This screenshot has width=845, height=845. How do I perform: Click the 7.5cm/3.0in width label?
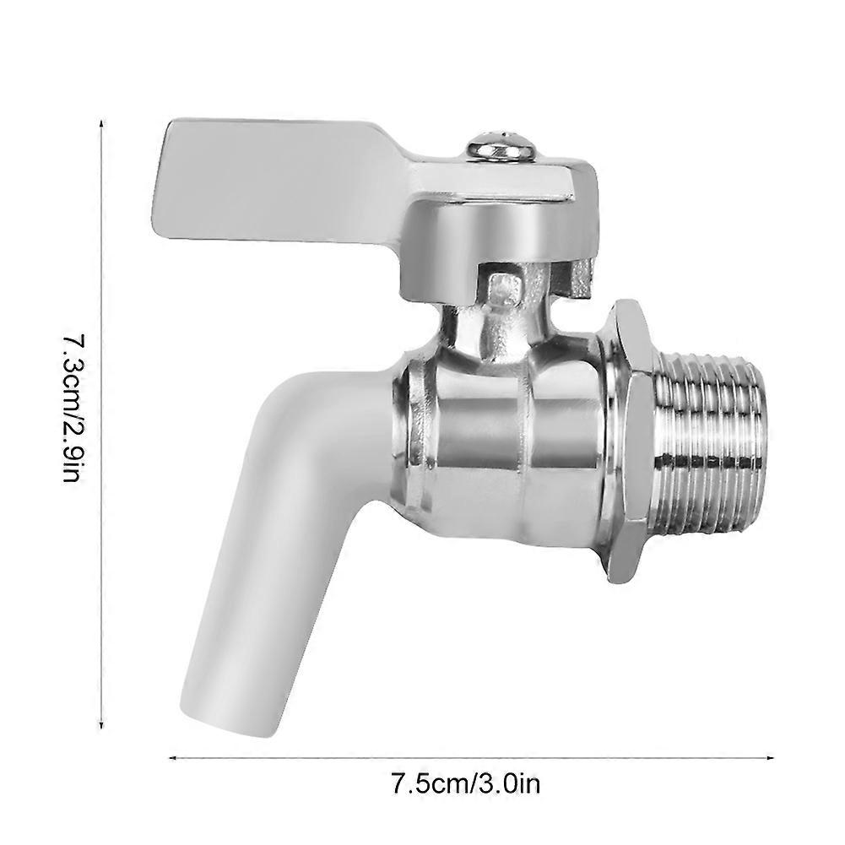465,799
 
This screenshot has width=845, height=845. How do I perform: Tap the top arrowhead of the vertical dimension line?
101,124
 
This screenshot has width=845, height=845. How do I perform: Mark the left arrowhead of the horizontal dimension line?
172,758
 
